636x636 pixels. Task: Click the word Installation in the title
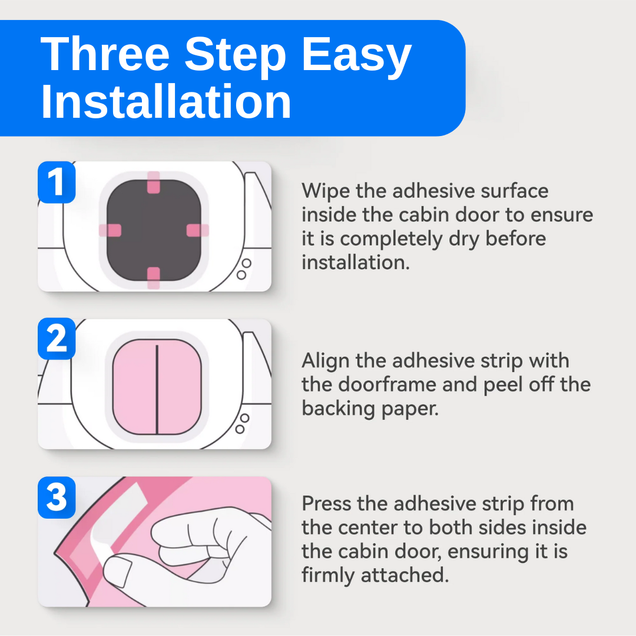tap(166, 101)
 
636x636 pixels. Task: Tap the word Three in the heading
tap(105, 54)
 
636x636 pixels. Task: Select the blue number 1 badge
tap(57, 182)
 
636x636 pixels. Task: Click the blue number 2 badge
tap(57, 339)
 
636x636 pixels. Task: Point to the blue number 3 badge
tap(57, 497)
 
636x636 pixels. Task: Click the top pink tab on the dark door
tap(153, 182)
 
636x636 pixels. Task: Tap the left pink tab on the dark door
tap(110, 230)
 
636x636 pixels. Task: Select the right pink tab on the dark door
tap(197, 230)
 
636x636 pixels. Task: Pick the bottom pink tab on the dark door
tap(153, 278)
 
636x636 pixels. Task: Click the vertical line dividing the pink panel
tap(157, 389)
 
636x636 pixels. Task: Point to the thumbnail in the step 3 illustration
tap(117, 571)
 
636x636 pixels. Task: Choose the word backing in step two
tap(338, 409)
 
